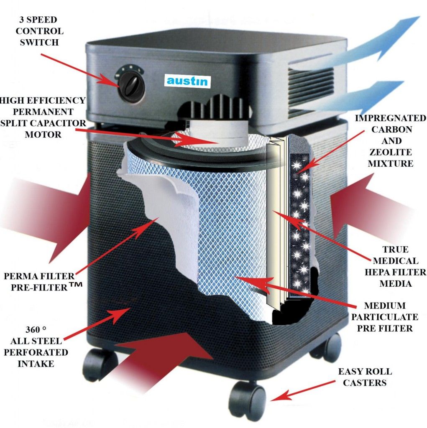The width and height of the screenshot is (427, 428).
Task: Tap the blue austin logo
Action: coord(187,81)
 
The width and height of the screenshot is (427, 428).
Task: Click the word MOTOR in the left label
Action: coord(43,135)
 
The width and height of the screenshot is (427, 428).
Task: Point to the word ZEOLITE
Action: coord(391,152)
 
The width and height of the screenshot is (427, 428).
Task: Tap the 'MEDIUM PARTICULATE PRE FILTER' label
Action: coord(384,317)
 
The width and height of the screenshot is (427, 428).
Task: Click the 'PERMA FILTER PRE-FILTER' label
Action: coord(40,281)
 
